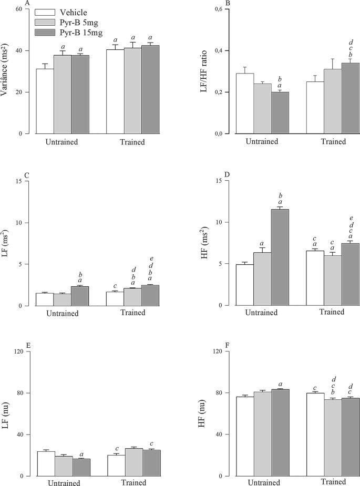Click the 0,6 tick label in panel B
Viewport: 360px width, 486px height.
pyautogui.click(x=209, y=9)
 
